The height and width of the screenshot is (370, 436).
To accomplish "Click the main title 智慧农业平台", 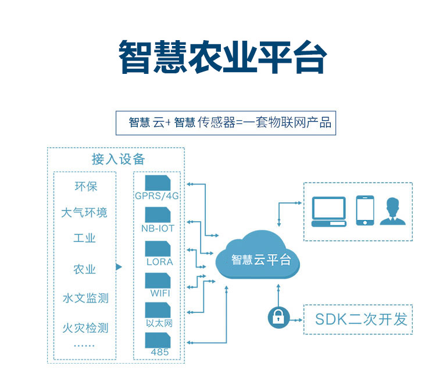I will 223,56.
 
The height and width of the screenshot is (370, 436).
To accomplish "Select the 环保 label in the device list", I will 85,187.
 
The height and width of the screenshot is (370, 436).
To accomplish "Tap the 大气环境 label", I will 85,212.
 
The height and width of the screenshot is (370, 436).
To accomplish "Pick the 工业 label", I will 85,239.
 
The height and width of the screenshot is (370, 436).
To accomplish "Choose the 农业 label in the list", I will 85,269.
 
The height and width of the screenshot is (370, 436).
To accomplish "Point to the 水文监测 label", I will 85,298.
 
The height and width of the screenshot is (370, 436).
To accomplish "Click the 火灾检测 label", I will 85,328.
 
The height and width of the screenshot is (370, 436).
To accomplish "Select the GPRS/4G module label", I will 157,195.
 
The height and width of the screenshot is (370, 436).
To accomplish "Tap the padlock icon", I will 278,318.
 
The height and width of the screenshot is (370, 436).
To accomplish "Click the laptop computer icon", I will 329,211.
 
